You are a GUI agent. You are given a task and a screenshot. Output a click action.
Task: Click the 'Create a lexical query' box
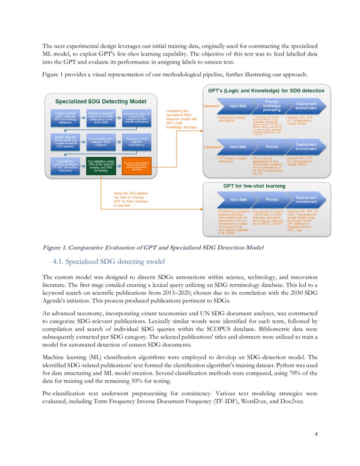[x=65, y=116]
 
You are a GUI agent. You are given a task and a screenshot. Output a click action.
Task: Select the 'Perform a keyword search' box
[x=100, y=116]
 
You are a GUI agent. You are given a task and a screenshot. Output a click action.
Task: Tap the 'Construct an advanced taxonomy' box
[x=136, y=116]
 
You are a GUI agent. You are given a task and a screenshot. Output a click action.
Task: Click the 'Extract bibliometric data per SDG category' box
[x=100, y=141]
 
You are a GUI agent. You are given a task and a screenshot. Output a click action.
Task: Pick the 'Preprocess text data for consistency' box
[x=136, y=141]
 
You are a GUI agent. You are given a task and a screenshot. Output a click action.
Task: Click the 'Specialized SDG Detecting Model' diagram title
[x=101, y=101]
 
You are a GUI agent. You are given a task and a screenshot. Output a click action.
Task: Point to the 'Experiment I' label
[x=211, y=106]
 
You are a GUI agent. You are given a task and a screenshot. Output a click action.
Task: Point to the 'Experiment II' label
[x=212, y=147]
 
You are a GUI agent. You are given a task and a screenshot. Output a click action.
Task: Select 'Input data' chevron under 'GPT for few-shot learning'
[x=237, y=199]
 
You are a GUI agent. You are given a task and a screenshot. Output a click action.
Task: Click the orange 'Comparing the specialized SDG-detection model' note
[x=181, y=119]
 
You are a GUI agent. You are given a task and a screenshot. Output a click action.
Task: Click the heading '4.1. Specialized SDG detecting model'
[x=109, y=261]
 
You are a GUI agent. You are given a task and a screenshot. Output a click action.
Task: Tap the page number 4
[x=316, y=433]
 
